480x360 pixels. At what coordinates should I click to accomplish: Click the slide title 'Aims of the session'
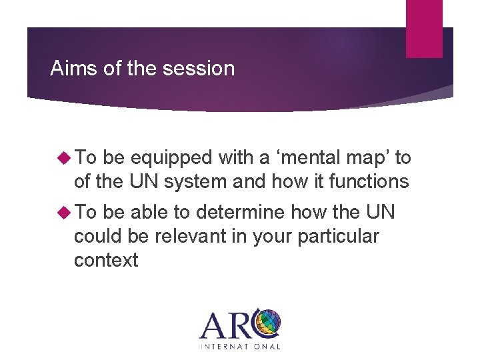[143, 68]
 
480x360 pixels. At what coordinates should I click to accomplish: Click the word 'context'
[106, 259]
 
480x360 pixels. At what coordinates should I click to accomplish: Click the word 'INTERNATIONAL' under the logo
[240, 346]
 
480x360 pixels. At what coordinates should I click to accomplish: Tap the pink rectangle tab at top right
[424, 28]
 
